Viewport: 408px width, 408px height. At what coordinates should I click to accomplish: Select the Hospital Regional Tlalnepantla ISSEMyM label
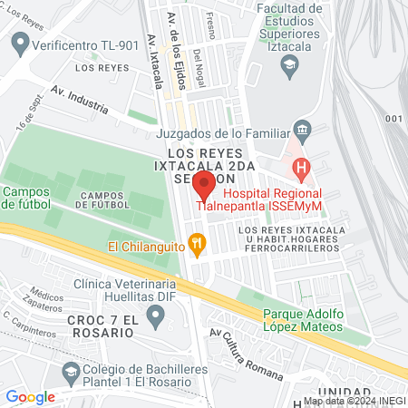coord(271,200)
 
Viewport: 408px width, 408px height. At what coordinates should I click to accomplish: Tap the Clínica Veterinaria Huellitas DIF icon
coord(155,316)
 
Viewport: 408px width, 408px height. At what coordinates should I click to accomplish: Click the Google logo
coord(30,396)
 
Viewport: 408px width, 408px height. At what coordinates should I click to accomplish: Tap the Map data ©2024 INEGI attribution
coord(353,401)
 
